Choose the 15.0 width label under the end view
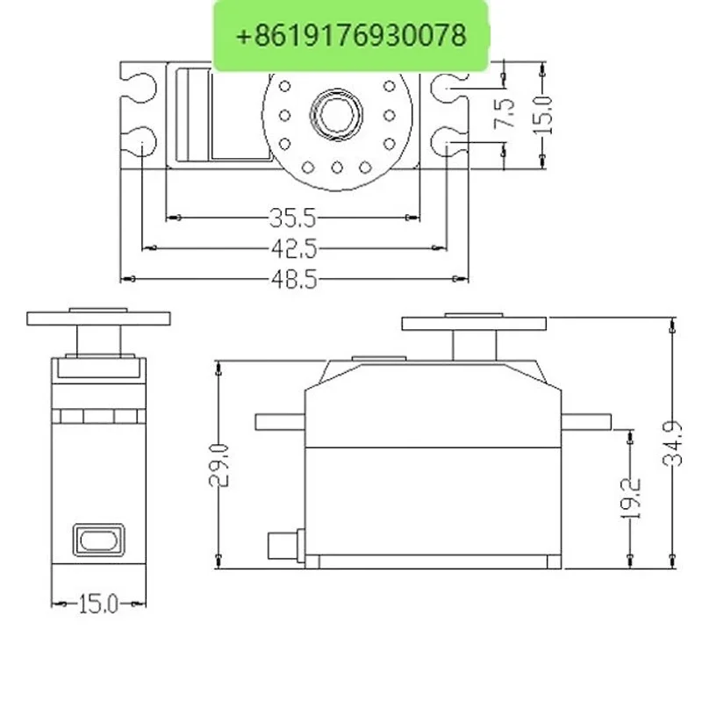[98, 604]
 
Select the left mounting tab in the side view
[278, 420]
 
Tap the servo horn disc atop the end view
[98, 318]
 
